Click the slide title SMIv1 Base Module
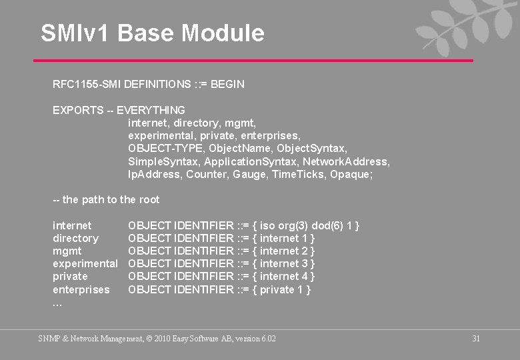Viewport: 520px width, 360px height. pyautogui.click(x=152, y=33)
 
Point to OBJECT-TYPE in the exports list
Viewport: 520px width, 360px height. pyautogui.click(x=162, y=148)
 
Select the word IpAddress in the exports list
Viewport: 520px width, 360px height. pyautogui.click(x=153, y=174)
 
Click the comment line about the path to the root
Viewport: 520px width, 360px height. pyautogui.click(x=106, y=199)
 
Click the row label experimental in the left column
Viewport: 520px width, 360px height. pyautogui.click(x=85, y=264)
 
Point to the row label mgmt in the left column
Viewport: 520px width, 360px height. pyautogui.click(x=67, y=251)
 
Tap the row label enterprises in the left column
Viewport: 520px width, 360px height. pyautogui.click(x=81, y=289)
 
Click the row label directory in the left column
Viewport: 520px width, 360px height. pyautogui.click(x=75, y=239)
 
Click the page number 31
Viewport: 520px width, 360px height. pyautogui.click(x=476, y=339)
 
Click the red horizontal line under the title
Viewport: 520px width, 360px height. pyautogui.click(x=253, y=61)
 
